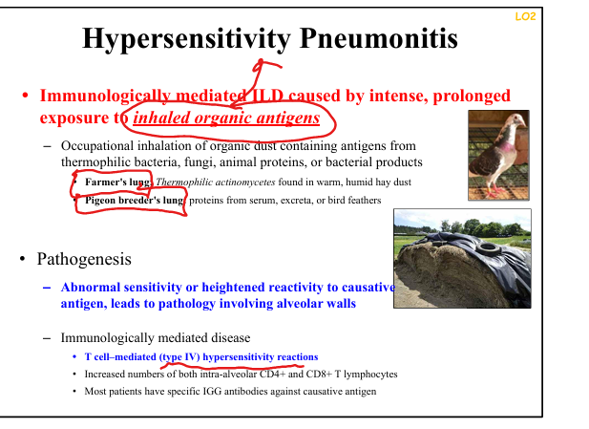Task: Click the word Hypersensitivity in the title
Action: click(x=186, y=39)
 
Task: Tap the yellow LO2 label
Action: click(x=525, y=16)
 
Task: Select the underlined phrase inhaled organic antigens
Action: click(x=226, y=118)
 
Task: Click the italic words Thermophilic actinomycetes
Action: click(x=216, y=182)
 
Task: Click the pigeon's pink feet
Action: click(x=498, y=190)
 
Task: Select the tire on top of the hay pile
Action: click(x=487, y=247)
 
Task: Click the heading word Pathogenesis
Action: click(x=84, y=260)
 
